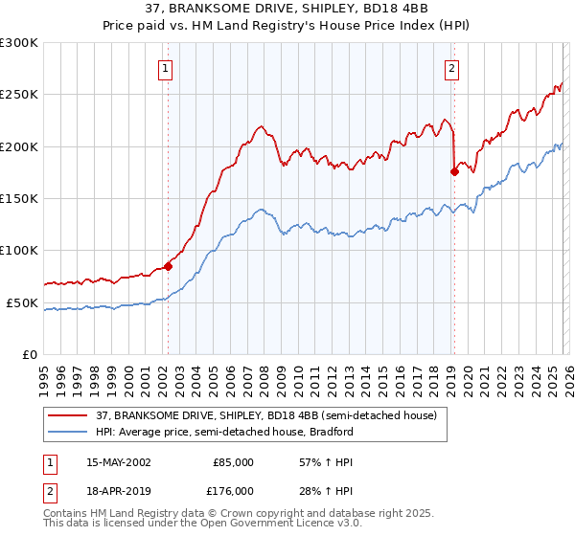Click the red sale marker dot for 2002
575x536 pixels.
coord(168,267)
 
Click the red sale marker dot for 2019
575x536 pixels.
coord(453,172)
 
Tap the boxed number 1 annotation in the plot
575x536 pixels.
coord(167,68)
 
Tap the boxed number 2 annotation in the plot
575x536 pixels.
coord(451,68)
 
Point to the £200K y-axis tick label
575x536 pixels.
coord(19,146)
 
